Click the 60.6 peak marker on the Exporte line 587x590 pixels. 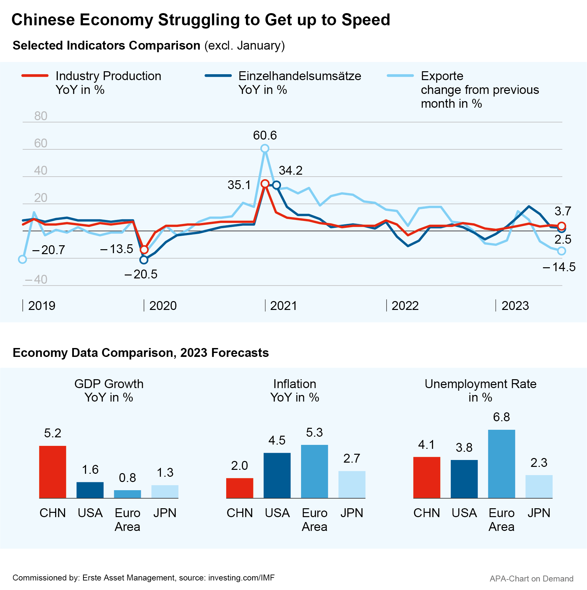click(265, 148)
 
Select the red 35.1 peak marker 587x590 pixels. click(265, 184)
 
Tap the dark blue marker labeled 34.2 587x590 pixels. click(277, 185)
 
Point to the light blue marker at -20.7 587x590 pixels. click(22, 259)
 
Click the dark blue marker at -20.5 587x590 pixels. click(144, 260)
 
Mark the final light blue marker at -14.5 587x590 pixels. click(562, 251)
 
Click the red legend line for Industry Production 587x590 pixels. click(35, 76)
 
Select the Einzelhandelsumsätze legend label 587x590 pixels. click(299, 76)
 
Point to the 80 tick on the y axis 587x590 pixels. click(41, 116)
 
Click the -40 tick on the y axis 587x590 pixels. click(37, 280)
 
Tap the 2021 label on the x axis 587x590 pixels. click(283, 306)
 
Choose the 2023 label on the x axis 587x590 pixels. click(515, 306)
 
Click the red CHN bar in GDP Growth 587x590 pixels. click(53, 472)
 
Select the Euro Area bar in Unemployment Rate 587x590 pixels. click(501, 464)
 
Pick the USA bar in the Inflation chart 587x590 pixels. click(277, 475)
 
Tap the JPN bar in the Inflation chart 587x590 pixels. click(352, 484)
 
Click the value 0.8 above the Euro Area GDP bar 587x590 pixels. click(127, 478)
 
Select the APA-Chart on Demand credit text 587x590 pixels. click(531, 579)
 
